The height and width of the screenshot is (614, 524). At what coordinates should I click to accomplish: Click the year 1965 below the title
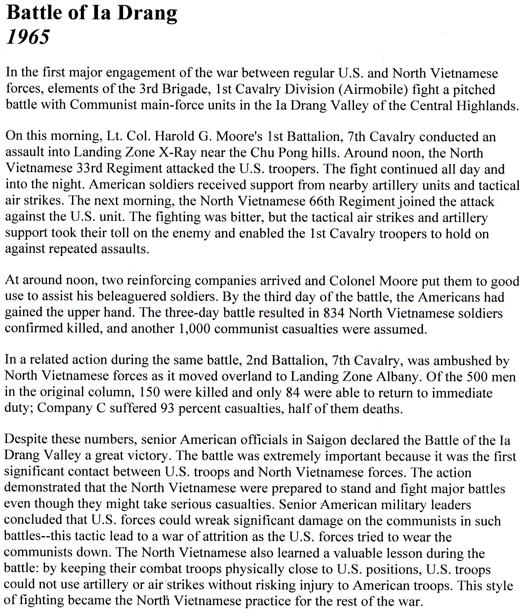(28, 37)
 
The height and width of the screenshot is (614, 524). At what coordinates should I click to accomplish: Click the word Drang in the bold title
(147, 13)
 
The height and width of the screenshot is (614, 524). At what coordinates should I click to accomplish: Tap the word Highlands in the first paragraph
(487, 105)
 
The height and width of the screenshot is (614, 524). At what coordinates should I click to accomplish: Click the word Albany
(398, 377)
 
